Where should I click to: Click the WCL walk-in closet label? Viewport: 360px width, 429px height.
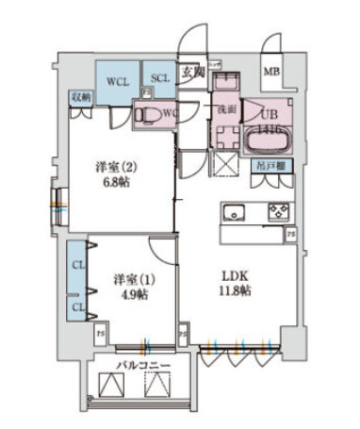click(117, 80)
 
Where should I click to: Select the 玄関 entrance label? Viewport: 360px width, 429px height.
click(192, 71)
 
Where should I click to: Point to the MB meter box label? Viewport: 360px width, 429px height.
click(271, 72)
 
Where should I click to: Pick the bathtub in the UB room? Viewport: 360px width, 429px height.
click(269, 143)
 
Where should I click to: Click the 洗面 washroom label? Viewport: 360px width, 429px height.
click(226, 109)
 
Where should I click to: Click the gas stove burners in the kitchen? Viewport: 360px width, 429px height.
click(278, 209)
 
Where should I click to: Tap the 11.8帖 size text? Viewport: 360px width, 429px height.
click(236, 291)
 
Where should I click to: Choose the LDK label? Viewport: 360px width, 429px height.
click(235, 275)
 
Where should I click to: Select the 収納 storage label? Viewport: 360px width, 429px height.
click(79, 97)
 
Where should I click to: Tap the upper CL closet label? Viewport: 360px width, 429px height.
click(77, 264)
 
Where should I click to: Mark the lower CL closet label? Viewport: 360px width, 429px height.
click(77, 307)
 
